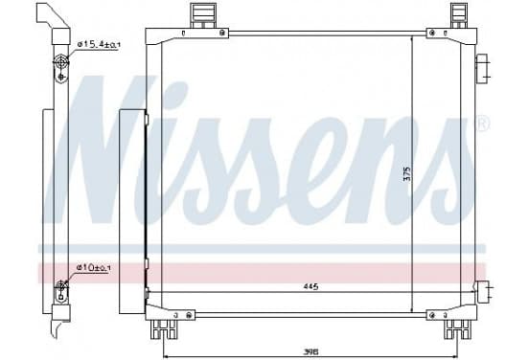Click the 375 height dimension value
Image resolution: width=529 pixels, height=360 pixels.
coord(407,174)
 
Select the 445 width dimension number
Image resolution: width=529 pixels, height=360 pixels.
coord(310,287)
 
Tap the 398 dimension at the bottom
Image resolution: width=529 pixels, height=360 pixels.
coord(310,351)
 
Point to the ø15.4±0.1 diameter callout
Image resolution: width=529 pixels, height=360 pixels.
coord(99,44)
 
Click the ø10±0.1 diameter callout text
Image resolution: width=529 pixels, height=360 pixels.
coord(93,268)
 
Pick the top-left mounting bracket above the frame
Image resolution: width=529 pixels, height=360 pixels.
coord(202,15)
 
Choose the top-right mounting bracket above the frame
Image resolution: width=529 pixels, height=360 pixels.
coord(458,15)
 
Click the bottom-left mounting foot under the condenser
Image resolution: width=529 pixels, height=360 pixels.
coord(164,329)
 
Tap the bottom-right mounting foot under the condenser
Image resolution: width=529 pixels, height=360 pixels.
coord(457,329)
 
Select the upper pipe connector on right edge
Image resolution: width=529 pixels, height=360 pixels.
coord(482,69)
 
